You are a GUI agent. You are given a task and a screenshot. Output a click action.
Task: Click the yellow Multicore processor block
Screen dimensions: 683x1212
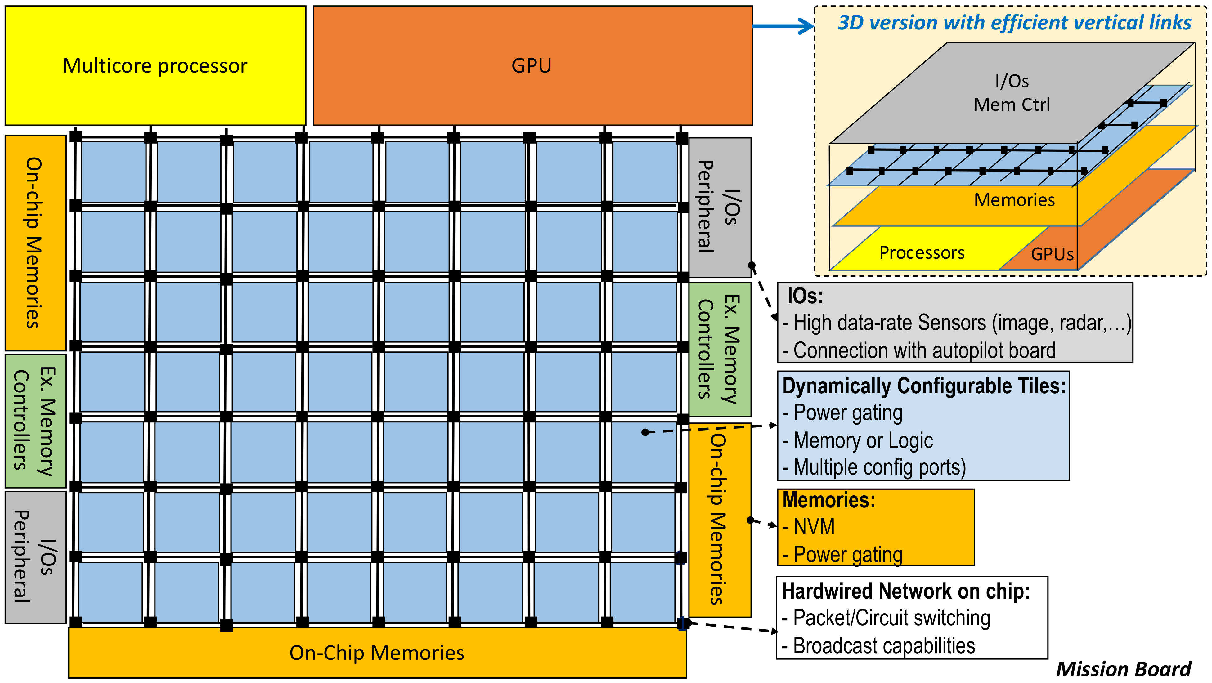point(155,66)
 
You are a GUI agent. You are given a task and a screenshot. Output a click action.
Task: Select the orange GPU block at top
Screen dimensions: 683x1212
point(532,66)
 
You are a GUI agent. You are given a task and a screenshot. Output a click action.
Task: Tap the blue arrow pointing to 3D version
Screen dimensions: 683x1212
point(783,26)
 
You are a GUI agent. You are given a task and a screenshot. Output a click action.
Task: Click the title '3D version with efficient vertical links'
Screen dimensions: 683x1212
point(1014,23)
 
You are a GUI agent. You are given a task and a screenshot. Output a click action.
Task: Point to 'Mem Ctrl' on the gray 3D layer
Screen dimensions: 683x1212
point(1012,105)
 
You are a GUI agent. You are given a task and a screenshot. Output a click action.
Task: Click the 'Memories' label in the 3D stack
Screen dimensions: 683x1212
point(1014,200)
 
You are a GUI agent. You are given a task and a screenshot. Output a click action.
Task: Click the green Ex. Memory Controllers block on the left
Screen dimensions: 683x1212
point(35,421)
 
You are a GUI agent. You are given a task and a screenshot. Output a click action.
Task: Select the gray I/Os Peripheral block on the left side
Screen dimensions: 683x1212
point(35,557)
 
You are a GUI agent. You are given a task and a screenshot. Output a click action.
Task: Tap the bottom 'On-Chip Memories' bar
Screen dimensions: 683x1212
point(376,653)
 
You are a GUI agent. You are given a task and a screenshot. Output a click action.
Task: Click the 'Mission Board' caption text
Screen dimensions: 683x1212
point(1124,669)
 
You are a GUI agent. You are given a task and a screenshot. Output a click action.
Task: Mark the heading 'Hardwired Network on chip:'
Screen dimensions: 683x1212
point(906,591)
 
